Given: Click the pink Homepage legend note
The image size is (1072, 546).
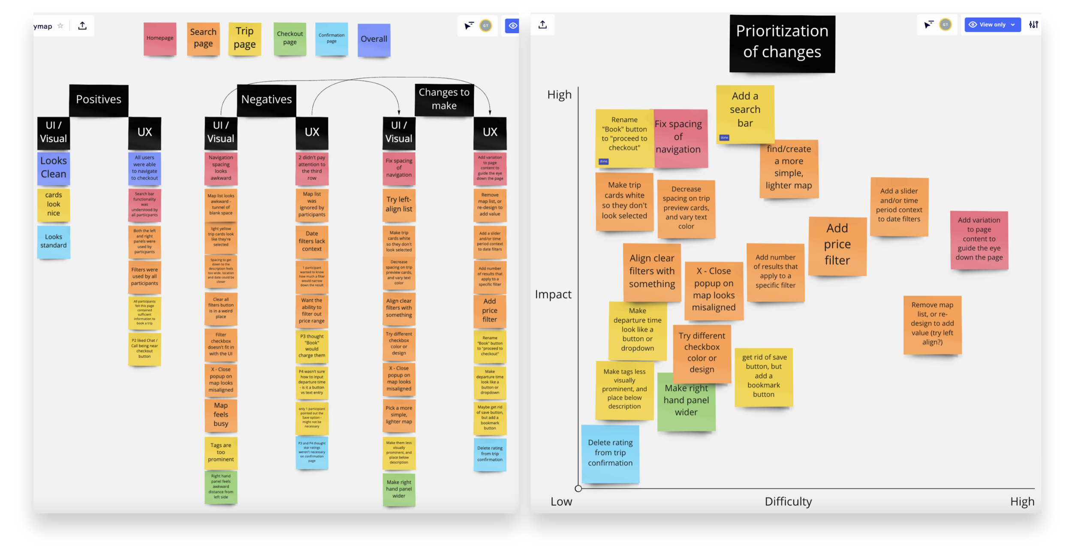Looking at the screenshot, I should point(160,38).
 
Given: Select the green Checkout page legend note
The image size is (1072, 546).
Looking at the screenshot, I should point(289,38).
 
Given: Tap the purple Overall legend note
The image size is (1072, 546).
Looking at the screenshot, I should point(373,39).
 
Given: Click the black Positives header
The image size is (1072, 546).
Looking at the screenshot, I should point(99,100).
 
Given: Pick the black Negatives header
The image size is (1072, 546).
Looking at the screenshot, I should point(266,100).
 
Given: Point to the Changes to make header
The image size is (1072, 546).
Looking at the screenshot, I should point(444,99).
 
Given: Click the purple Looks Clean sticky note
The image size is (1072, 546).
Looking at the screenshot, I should point(54,168).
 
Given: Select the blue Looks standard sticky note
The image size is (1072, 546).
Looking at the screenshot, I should point(54,241).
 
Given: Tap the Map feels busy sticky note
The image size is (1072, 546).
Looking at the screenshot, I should point(221,414).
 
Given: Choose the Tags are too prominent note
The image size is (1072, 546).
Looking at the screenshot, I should point(221,452).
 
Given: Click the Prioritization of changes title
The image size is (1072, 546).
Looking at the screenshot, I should point(782,42).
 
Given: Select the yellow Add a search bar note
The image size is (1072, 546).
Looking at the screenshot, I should point(745,111).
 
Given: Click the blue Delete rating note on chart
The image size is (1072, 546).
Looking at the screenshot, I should point(610,453).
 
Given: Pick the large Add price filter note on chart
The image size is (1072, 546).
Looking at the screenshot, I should point(837,244).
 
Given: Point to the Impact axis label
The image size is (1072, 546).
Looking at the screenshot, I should point(553,294).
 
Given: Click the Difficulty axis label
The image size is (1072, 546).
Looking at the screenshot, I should point(788,501).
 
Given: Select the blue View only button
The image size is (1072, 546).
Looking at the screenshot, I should point(992,25).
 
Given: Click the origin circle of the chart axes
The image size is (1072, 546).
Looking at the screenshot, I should point(578,488).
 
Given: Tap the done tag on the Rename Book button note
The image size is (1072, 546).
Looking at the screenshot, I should point(603,161).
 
